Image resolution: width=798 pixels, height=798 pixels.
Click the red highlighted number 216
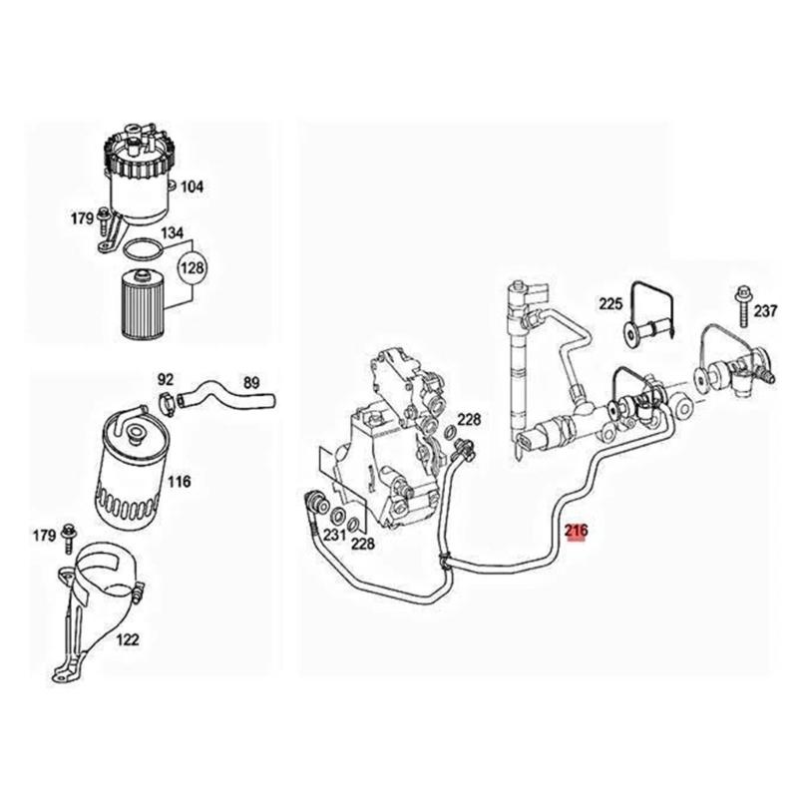[577, 531]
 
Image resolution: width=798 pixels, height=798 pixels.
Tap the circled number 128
[192, 267]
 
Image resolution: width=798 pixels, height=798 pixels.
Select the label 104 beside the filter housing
[192, 187]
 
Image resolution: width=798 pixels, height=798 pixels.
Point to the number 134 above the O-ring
[172, 233]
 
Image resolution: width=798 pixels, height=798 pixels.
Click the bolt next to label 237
[741, 306]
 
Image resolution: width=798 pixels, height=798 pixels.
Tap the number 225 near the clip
[610, 304]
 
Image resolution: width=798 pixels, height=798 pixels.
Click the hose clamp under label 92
[167, 399]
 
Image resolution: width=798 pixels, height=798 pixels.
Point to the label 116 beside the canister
[180, 481]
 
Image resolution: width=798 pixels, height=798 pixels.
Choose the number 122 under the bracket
[127, 639]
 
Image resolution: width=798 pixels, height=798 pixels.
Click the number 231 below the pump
[334, 535]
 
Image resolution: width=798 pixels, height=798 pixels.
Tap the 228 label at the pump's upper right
[469, 419]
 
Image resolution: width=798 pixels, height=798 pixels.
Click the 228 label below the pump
[362, 544]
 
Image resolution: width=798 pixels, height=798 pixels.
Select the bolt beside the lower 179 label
[67, 539]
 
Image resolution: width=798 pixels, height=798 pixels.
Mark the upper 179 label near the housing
[82, 218]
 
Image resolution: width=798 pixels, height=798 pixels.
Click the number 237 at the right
[765, 310]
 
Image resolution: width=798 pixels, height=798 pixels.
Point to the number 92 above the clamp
[166, 380]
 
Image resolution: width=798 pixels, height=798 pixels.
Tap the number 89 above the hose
[251, 383]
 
